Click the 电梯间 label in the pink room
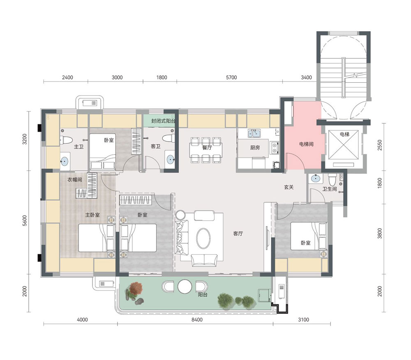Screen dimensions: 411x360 (306, 144)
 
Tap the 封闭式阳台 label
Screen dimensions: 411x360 (163, 121)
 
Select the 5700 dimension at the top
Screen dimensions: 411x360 (231, 77)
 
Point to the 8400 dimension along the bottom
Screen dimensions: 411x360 (197, 320)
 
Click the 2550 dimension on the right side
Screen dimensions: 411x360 (380, 145)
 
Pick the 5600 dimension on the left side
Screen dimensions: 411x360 (25, 221)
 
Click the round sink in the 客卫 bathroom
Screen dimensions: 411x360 (171, 159)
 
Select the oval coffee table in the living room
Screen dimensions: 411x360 (203, 238)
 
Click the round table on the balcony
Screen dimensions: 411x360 (185, 286)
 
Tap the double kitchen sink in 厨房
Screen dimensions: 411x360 (254, 134)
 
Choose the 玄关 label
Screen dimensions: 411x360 (289, 187)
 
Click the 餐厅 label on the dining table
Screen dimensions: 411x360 (207, 147)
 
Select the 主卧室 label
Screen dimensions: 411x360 (92, 215)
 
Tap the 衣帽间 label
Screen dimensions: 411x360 (75, 180)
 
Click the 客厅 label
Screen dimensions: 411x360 (238, 234)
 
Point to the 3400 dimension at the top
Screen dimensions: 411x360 (306, 77)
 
